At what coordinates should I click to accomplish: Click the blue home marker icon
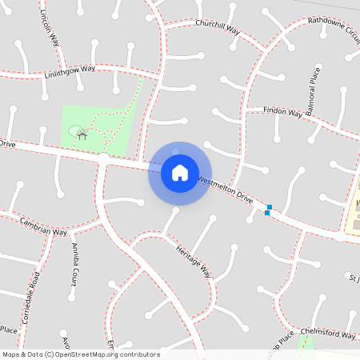coord(180,173)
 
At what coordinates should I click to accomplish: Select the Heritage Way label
coord(194,258)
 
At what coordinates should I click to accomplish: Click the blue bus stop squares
coord(268,210)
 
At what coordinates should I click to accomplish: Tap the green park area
coord(112,120)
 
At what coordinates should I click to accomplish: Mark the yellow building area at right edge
coord(353,210)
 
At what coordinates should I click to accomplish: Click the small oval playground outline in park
coord(75,130)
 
